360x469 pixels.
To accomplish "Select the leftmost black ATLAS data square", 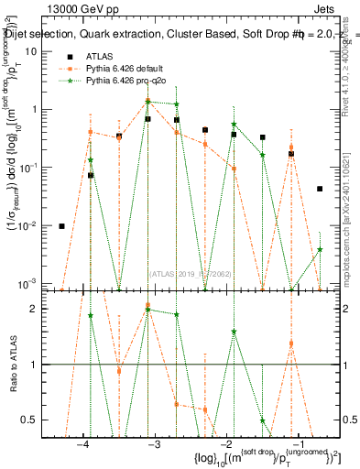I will click(x=62, y=226).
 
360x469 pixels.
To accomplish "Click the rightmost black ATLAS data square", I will click(x=320, y=189).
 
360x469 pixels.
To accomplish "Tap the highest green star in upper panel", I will click(x=147, y=101).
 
